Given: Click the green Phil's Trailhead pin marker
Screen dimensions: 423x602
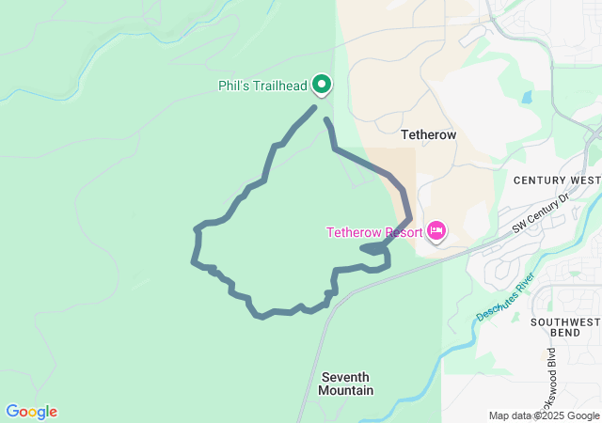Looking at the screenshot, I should (x=322, y=85).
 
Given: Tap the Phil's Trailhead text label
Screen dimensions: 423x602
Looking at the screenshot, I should (x=262, y=86).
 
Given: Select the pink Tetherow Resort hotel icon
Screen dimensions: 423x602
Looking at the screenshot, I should (x=436, y=230).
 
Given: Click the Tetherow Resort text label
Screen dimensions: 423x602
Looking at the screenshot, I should (x=373, y=232).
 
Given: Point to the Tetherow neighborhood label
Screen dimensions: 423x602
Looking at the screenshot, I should (x=428, y=134).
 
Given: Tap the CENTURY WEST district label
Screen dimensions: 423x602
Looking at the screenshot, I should (x=557, y=180).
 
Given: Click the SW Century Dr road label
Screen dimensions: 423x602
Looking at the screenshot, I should (x=542, y=213).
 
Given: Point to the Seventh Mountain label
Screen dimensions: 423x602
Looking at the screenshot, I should (x=347, y=384).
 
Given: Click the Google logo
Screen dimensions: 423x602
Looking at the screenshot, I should (x=31, y=412).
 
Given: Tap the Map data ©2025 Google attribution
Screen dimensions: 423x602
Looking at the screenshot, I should (x=544, y=415).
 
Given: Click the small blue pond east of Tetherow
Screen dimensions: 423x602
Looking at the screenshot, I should (x=526, y=97).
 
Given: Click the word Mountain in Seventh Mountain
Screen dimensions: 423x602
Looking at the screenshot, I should (x=347, y=390).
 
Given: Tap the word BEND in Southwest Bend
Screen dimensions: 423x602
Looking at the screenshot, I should (x=564, y=334).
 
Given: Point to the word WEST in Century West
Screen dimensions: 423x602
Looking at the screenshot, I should (x=584, y=180).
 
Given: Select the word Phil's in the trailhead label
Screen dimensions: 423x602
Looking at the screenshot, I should (x=233, y=86).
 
